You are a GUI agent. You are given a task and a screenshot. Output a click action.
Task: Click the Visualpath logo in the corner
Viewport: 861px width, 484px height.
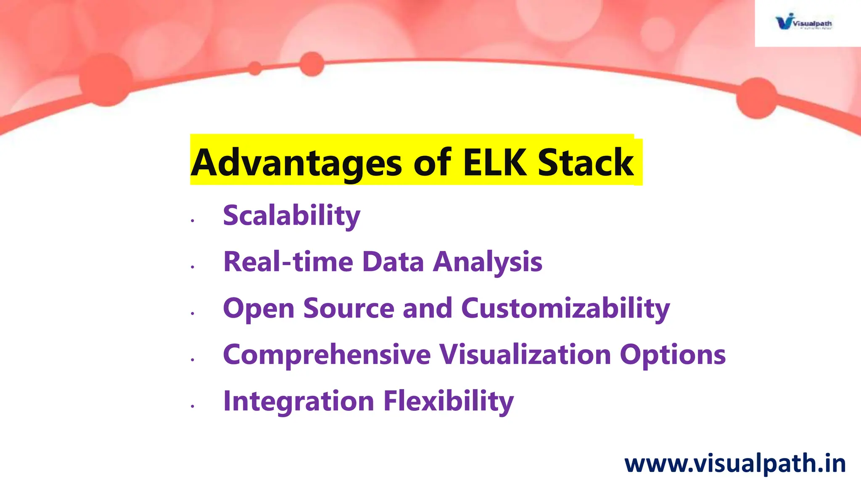[803, 22]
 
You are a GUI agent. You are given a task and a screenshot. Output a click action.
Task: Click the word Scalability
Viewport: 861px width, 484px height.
[291, 216]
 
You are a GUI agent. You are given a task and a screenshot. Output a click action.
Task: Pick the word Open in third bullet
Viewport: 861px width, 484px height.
[259, 309]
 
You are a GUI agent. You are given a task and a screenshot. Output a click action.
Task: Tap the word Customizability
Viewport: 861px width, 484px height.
[565, 309]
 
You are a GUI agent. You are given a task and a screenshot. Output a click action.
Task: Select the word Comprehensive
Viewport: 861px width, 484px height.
[327, 355]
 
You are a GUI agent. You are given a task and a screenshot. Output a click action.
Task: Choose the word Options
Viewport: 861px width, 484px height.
[673, 355]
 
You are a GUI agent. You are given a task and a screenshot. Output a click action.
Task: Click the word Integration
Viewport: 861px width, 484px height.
[298, 401]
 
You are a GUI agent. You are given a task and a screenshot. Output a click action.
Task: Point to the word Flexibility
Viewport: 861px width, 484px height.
[449, 401]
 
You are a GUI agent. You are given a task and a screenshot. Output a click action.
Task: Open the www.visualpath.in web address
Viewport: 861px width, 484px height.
[735, 464]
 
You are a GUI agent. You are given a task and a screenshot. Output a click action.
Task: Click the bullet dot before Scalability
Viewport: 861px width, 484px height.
[193, 221]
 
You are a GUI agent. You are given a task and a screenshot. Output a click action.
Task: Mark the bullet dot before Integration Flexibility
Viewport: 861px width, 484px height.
[193, 406]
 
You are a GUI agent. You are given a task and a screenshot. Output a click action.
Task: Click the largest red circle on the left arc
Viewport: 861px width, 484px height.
[106, 80]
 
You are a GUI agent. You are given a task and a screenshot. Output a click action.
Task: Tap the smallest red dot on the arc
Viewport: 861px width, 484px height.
[255, 68]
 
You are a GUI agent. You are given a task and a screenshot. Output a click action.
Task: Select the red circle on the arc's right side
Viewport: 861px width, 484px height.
[757, 98]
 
